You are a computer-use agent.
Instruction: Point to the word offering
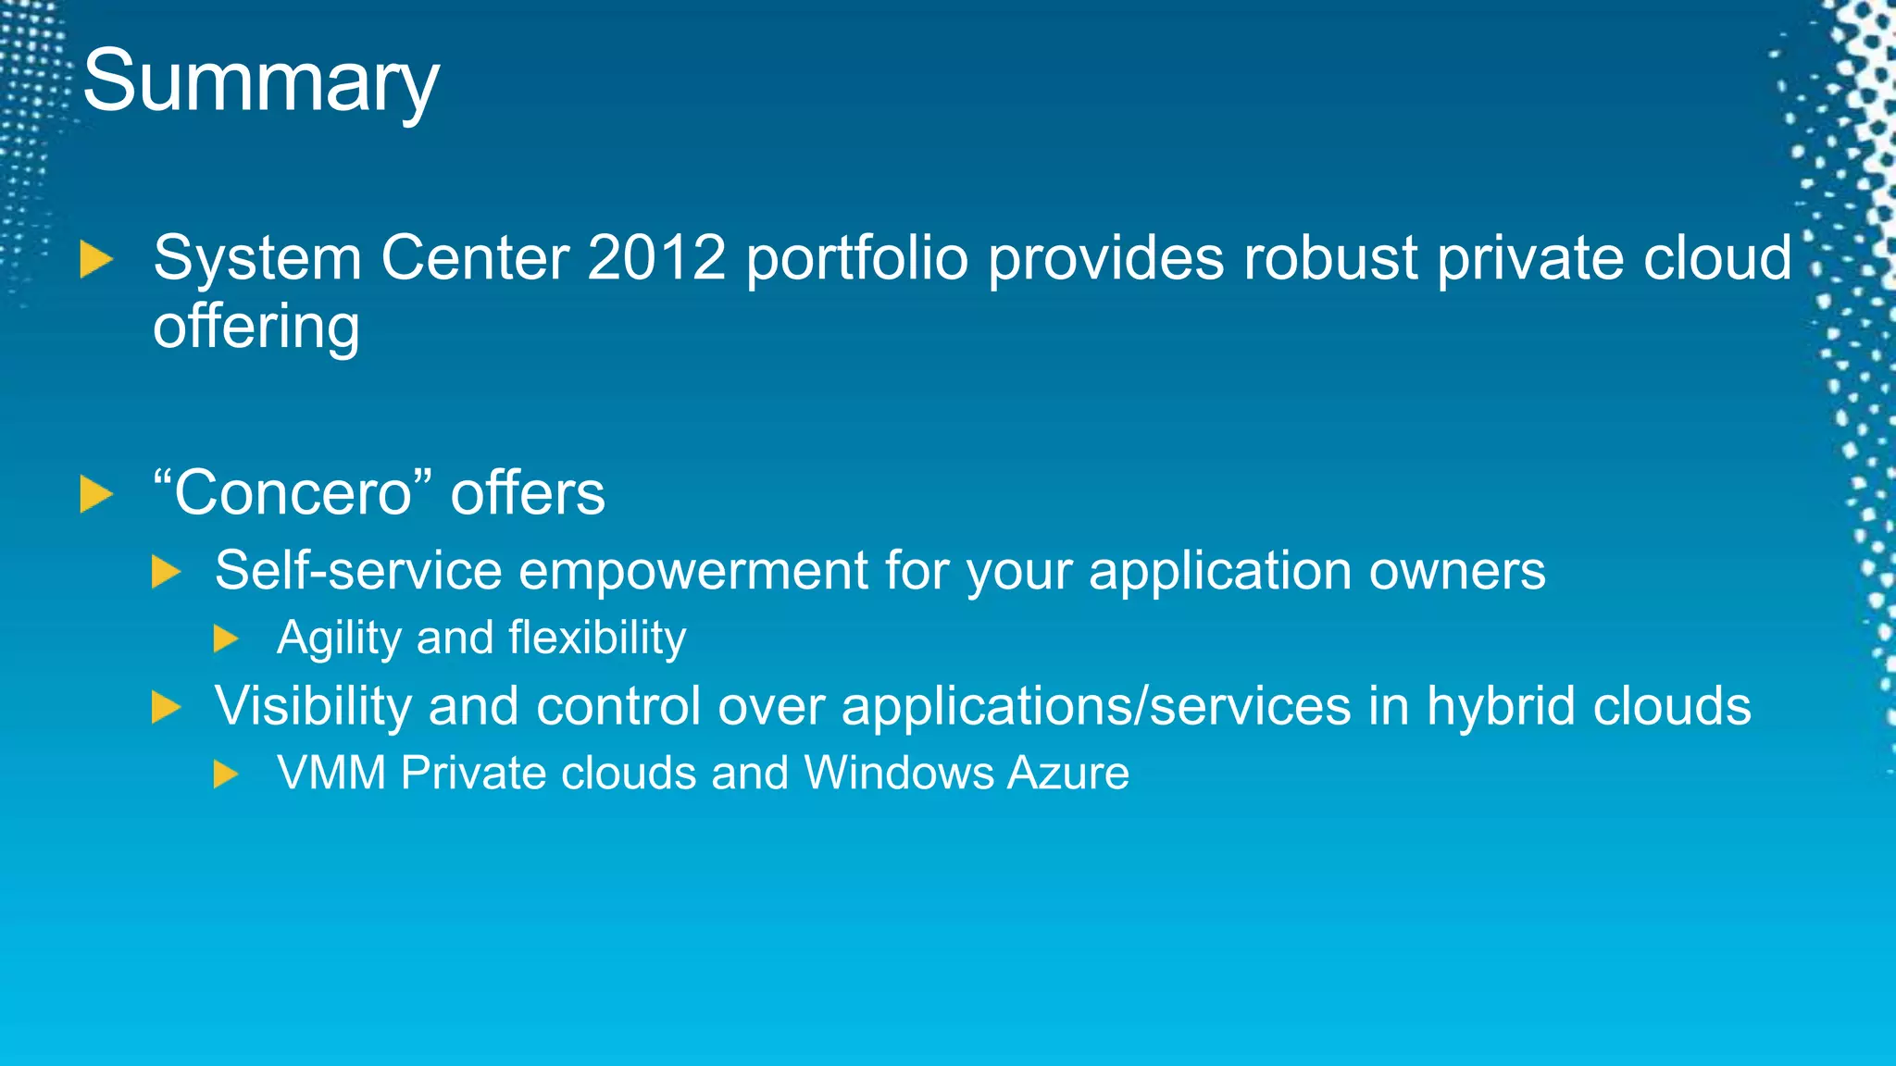256,328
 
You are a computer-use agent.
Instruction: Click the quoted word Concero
293,492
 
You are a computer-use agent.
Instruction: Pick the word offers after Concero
528,492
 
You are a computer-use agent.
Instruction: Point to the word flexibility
597,638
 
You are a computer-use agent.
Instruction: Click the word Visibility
313,706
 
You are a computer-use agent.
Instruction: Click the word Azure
1068,773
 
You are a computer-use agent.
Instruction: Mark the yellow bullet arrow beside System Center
95,259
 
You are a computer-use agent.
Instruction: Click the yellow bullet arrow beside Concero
95,494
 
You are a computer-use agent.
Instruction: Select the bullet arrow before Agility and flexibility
226,638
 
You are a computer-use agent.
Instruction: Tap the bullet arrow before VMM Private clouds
226,774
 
